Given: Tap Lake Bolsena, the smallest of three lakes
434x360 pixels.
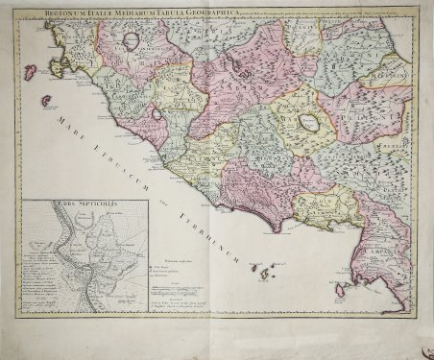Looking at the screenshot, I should (x=156, y=113).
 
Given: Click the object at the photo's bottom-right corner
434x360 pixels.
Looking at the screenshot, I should (x=422, y=348).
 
